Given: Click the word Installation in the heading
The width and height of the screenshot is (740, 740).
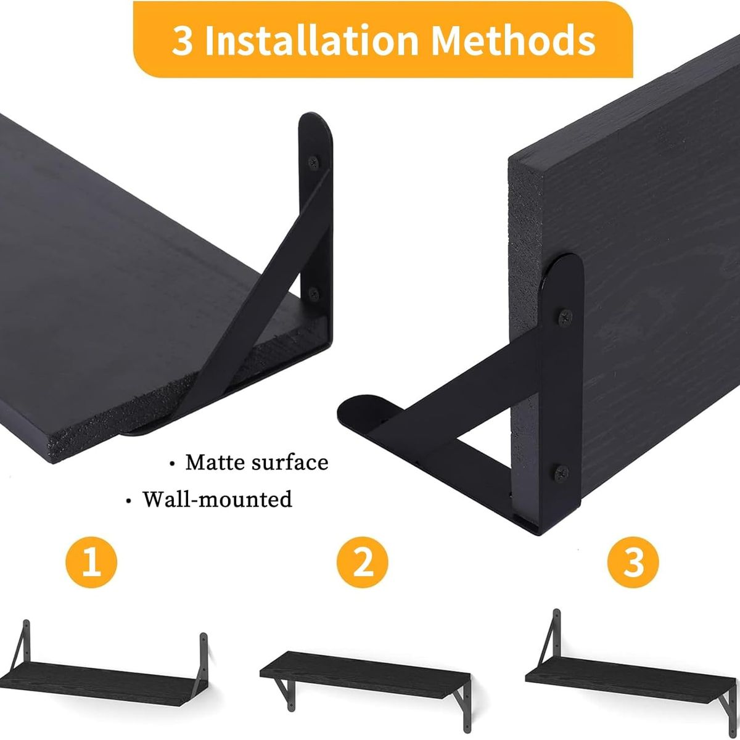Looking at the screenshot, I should (311, 41).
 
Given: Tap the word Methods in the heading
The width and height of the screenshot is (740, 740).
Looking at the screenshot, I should (513, 41).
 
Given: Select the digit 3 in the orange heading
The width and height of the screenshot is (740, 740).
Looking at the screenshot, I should (182, 41).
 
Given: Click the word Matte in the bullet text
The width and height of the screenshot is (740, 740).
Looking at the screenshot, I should (215, 462).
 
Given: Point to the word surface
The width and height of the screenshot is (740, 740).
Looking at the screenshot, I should (290, 462).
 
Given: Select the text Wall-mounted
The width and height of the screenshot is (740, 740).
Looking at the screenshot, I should (217, 498).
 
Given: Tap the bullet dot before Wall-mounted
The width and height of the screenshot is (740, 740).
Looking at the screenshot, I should (128, 501).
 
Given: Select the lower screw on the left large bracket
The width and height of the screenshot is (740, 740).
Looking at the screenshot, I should (313, 292).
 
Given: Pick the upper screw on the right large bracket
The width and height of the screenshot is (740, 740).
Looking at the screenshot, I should (564, 317).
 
